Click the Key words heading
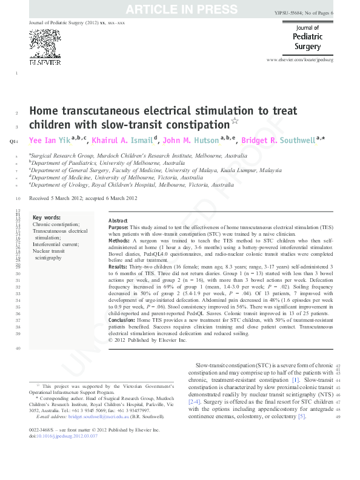[x=47, y=217]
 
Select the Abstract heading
[x=118, y=221]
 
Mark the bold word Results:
[x=118, y=267]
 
